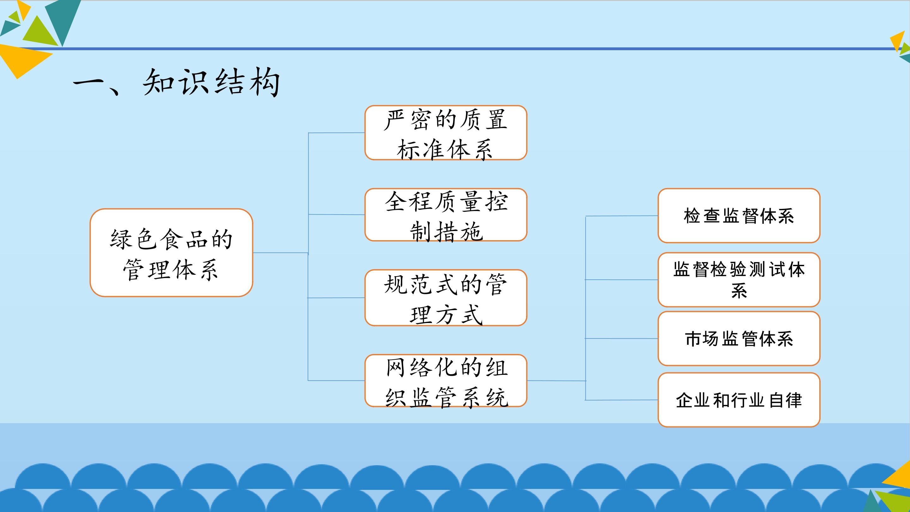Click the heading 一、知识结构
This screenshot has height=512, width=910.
177,83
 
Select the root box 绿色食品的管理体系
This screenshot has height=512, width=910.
171,253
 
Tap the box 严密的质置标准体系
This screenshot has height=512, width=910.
446,132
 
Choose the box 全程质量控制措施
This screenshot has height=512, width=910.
446,215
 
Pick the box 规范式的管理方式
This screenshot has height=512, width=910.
446,297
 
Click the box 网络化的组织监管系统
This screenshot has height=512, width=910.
446,381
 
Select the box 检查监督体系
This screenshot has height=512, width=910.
739,216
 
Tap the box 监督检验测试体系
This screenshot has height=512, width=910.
739,279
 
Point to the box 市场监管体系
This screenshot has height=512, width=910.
739,338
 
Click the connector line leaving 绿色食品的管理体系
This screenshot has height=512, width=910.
281,253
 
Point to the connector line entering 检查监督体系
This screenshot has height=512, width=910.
622,216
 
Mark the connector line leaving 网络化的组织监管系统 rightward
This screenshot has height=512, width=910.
556,381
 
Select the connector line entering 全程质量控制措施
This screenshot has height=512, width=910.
336,215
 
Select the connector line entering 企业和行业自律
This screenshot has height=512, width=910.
622,400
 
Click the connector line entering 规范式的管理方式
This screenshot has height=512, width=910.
336,298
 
